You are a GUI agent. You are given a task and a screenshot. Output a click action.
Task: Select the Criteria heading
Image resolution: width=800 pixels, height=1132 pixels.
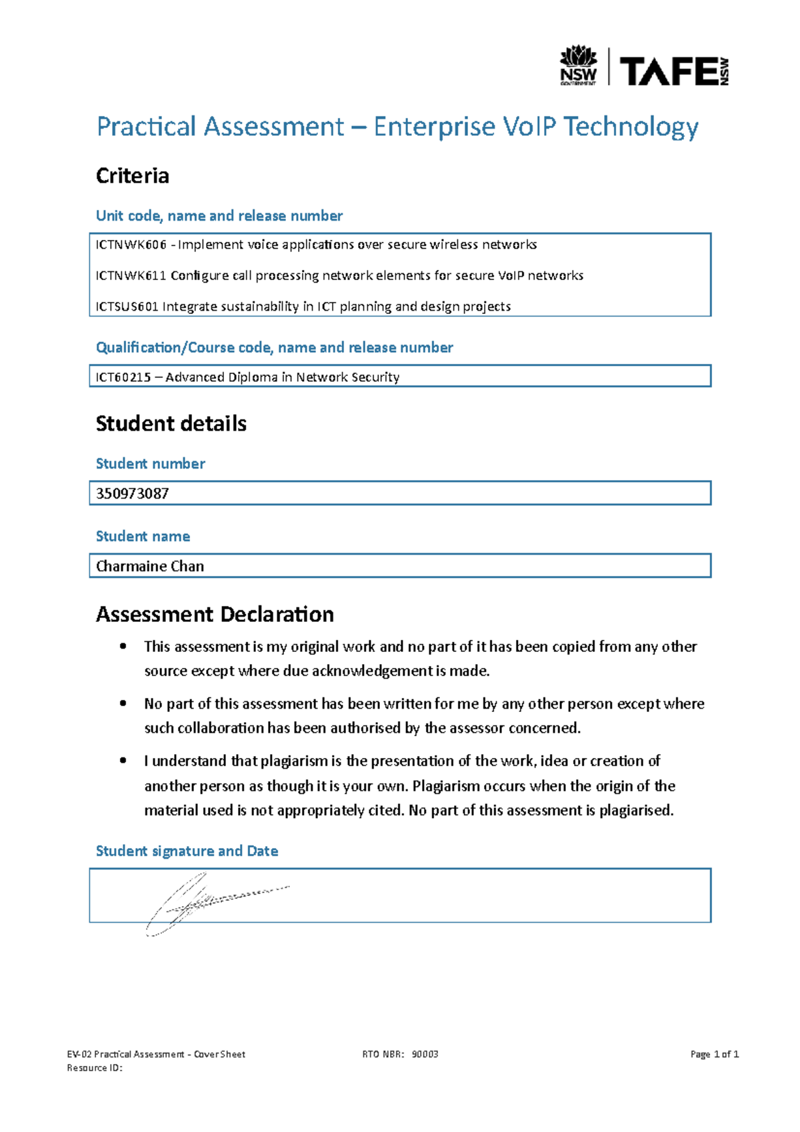point(133,176)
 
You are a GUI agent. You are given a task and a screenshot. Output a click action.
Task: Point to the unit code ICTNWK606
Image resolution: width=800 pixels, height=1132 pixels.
point(131,245)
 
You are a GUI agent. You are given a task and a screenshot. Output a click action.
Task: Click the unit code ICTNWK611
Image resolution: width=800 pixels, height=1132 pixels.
point(131,275)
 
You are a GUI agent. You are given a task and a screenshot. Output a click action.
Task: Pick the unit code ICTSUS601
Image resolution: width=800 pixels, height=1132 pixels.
point(127,307)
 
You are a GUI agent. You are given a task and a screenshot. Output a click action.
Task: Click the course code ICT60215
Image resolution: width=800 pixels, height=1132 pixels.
point(123,377)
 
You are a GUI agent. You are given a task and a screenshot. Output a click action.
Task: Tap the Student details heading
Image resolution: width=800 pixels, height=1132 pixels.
point(171,424)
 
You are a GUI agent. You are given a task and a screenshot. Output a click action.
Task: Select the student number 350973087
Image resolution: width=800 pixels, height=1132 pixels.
point(133,494)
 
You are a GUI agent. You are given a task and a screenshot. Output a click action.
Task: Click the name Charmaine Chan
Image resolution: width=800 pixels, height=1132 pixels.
point(150,567)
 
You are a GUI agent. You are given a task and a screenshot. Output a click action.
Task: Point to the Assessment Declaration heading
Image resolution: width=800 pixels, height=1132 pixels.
point(215,615)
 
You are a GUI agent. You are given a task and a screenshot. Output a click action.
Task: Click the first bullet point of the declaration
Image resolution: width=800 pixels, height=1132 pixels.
point(123,646)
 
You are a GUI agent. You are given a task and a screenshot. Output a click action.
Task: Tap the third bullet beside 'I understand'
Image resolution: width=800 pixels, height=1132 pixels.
point(123,761)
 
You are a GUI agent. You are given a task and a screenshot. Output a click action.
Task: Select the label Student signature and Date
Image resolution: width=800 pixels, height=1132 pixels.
point(187,851)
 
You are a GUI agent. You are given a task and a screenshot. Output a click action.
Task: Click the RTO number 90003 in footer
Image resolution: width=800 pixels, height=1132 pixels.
point(425,1054)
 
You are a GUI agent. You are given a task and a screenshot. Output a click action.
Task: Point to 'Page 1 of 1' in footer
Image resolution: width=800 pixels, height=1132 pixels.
point(715,1054)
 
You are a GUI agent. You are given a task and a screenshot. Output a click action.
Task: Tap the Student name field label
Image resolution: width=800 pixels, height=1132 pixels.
point(143,537)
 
